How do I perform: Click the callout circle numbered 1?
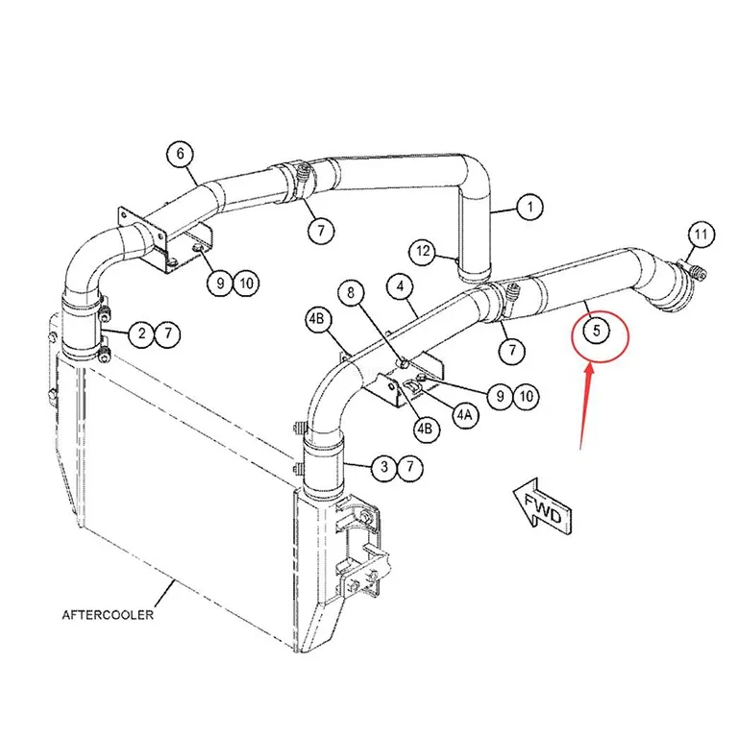(530, 208)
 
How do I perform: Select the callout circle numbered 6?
(182, 154)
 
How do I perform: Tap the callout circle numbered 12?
(423, 252)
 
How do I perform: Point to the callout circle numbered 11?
(701, 234)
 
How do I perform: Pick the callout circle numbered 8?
(351, 293)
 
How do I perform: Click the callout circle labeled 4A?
(464, 414)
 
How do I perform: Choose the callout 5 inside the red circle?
(597, 331)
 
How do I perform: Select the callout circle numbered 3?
(384, 467)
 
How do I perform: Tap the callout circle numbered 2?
(142, 334)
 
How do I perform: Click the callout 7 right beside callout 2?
(168, 334)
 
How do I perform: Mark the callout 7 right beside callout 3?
(410, 467)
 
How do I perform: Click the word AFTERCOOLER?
(108, 615)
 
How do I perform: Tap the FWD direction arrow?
(543, 507)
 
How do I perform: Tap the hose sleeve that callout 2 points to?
(82, 325)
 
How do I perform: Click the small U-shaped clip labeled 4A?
(413, 385)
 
